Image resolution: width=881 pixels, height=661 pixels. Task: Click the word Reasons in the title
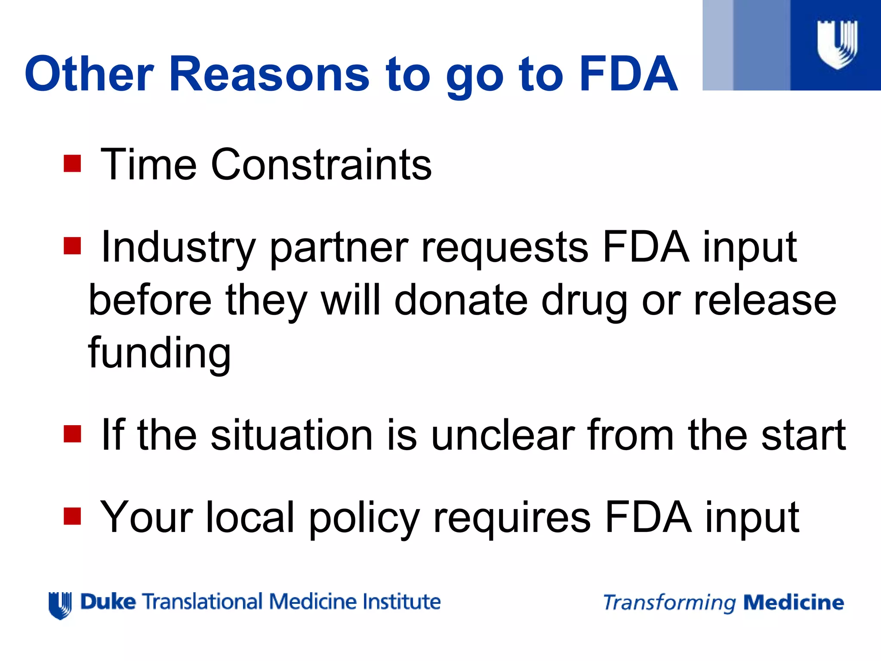[269, 74]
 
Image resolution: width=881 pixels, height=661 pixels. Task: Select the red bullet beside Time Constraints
[72, 164]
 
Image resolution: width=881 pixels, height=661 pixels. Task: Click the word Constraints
[321, 164]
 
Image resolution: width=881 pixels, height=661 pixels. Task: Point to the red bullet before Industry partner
[72, 246]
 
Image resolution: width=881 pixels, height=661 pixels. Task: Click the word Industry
[178, 247]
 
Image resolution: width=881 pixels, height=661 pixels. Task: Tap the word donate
[461, 300]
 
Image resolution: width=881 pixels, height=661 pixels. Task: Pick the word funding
[159, 353]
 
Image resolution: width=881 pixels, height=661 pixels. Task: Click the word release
[765, 300]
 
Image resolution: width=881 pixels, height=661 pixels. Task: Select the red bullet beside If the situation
[72, 434]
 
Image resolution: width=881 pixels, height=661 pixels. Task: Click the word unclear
[503, 435]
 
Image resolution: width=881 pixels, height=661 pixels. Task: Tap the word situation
[291, 435]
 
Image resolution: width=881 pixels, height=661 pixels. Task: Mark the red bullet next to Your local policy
[72, 516]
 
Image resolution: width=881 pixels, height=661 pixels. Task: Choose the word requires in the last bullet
[512, 519]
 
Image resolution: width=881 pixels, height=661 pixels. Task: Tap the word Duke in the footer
[108, 602]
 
